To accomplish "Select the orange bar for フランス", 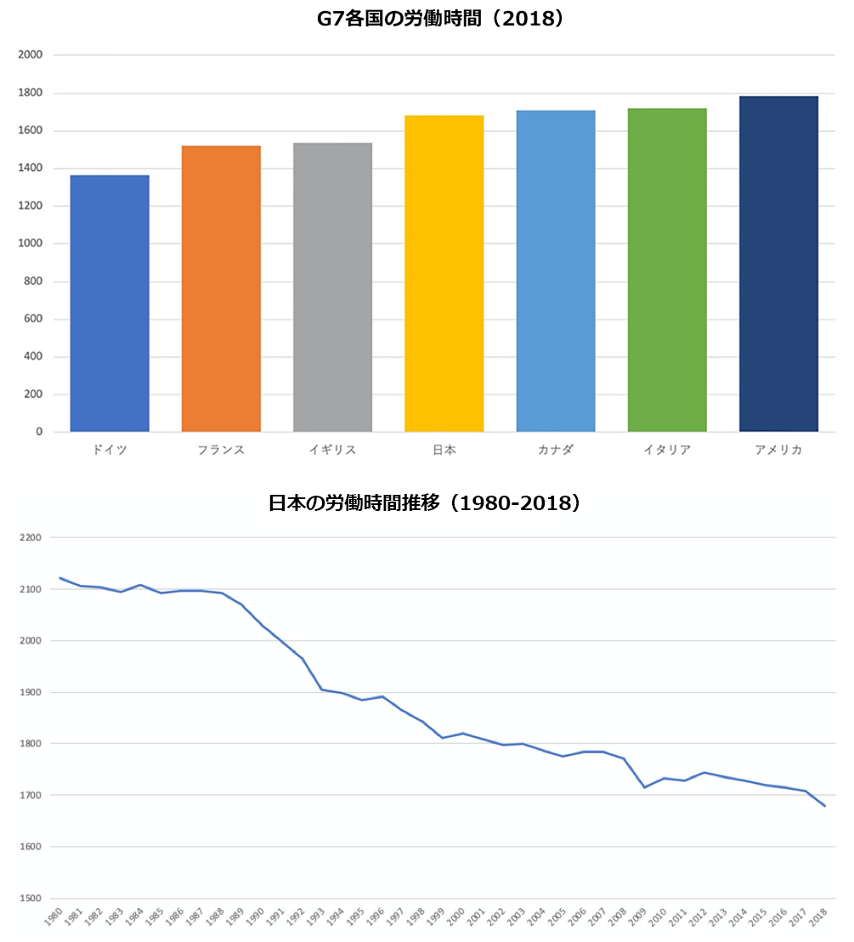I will (221, 289).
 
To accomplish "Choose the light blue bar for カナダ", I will (556, 271).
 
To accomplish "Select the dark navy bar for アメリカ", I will (778, 264).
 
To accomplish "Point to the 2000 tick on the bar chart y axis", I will (31, 55).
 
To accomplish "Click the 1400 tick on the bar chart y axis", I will (31, 168).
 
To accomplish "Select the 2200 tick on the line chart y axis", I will (31, 538).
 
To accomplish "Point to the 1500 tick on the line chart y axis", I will (31, 899).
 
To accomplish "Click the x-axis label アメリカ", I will (778, 450).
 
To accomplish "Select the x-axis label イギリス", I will (332, 450).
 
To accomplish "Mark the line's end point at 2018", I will (824, 806).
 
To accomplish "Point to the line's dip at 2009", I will (644, 787).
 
